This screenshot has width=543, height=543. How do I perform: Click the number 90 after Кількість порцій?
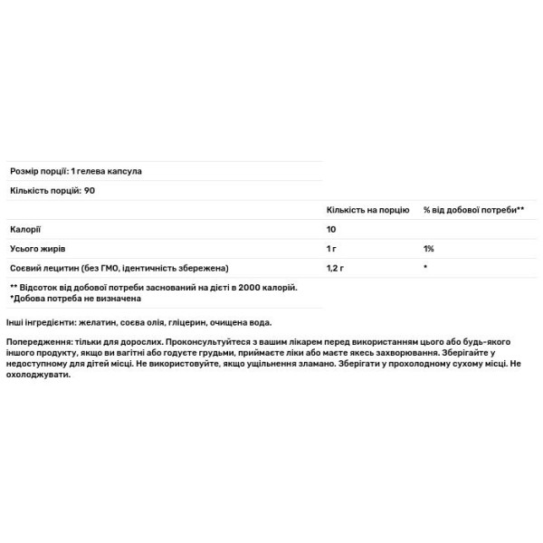[89, 189]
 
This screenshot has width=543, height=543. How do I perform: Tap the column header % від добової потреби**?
[473, 209]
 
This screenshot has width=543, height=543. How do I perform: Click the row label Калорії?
[24, 229]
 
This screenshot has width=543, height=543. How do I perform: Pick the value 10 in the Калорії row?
[331, 229]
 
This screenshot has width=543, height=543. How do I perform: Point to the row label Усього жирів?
[37, 248]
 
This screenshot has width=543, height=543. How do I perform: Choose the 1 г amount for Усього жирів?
[332, 248]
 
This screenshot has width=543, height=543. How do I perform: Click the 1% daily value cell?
[428, 248]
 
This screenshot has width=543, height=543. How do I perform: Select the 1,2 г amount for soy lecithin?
[336, 268]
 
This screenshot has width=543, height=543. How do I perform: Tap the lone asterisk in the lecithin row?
[425, 268]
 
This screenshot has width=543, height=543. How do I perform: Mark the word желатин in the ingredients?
[97, 322]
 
